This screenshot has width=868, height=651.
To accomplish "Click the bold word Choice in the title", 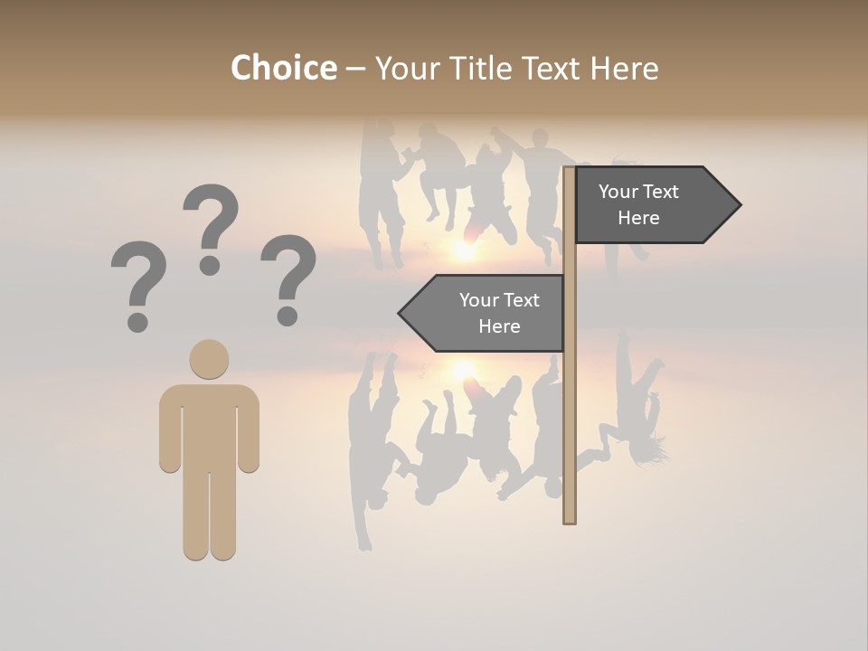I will tap(283, 68).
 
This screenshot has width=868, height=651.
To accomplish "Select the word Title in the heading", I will tap(477, 68).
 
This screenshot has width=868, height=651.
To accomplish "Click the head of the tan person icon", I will tap(209, 359).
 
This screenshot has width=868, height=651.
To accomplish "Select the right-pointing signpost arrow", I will tap(651, 205).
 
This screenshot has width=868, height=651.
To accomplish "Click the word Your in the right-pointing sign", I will tap(618, 192).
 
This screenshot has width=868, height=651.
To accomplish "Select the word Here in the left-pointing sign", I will tap(499, 326).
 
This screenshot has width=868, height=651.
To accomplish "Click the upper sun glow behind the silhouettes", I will tap(463, 250).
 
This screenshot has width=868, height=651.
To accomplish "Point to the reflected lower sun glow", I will tap(463, 369).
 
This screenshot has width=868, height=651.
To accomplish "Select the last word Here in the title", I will tap(624, 68).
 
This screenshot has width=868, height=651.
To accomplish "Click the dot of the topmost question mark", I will tap(210, 265).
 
